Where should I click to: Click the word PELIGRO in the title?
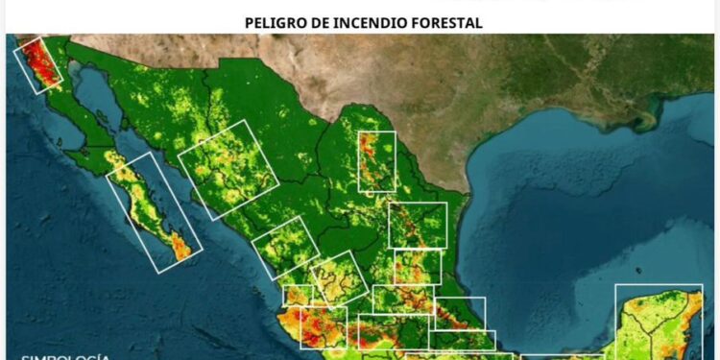pyautogui.click(x=273, y=21)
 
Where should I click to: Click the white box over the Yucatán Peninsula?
pyautogui.click(x=659, y=321)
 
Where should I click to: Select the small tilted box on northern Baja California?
pyautogui.click(x=37, y=64)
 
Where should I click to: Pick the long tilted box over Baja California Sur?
pyautogui.click(x=153, y=212)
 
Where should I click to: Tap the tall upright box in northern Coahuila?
pyautogui.click(x=376, y=161)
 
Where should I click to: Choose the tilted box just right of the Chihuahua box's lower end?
pyautogui.click(x=285, y=248)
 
